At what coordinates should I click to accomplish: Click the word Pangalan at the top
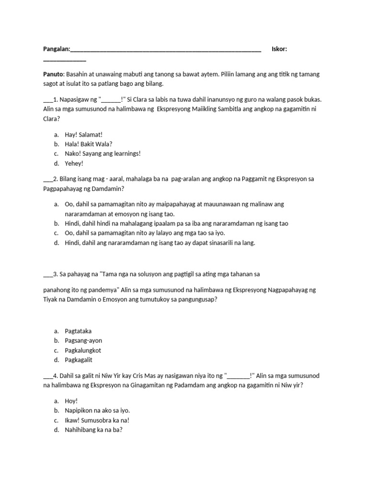[x=56, y=49]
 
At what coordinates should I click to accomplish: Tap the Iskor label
[x=279, y=49]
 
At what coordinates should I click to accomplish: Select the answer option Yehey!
[x=74, y=163]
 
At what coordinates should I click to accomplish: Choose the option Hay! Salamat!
[x=83, y=135]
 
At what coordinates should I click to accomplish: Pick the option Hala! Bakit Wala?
[x=89, y=144]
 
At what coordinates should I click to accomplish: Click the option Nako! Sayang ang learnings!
[x=103, y=153]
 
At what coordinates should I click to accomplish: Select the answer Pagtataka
[x=78, y=331]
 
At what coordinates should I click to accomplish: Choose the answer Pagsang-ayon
[x=83, y=340]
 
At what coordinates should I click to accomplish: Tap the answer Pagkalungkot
[x=83, y=350]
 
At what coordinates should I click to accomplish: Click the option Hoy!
[x=71, y=401]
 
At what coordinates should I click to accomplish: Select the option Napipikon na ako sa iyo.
[x=97, y=410]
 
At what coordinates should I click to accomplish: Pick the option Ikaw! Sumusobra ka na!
[x=97, y=420]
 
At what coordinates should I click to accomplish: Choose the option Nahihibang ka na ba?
[x=94, y=430]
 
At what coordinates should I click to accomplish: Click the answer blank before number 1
[x=47, y=100]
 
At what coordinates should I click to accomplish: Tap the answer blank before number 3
[x=47, y=275]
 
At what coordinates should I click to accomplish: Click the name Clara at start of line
[x=51, y=118]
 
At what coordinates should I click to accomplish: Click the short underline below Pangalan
[x=65, y=60]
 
